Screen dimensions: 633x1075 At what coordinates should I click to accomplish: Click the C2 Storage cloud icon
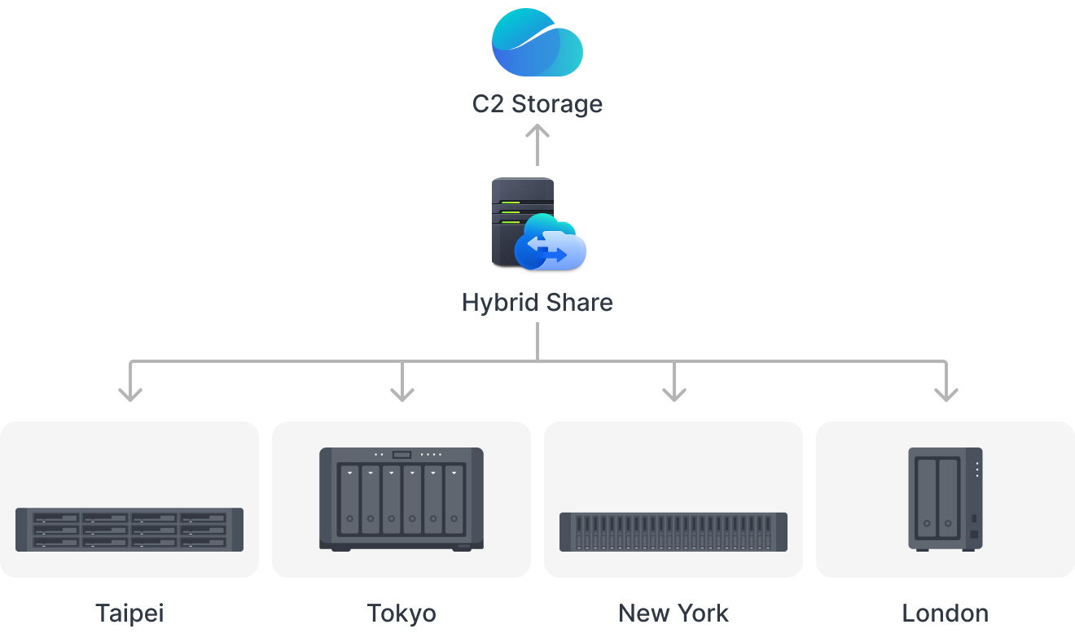(x=537, y=42)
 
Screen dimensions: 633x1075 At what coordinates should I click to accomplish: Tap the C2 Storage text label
(x=537, y=104)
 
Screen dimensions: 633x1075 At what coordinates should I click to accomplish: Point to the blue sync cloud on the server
(x=551, y=243)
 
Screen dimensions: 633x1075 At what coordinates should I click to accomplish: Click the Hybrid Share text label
(x=537, y=303)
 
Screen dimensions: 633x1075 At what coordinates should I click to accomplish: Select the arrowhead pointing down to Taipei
(x=130, y=392)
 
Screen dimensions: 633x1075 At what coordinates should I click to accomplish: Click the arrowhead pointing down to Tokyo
(x=402, y=392)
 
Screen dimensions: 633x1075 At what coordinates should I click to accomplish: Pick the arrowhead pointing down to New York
(x=674, y=392)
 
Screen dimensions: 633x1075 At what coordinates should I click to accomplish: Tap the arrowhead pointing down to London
(x=946, y=392)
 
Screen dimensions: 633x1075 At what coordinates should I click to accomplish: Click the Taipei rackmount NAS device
(x=129, y=529)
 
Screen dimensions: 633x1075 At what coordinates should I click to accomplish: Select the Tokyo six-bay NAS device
(x=401, y=499)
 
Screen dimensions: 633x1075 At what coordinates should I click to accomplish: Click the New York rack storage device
(x=674, y=532)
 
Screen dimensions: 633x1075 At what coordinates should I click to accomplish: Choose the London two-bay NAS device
(x=946, y=499)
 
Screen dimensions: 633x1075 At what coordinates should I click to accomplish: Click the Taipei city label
(x=129, y=613)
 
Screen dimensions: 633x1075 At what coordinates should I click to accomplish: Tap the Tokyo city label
(x=401, y=613)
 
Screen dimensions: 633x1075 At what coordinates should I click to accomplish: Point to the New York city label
(x=674, y=613)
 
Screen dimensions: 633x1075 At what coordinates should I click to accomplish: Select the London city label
(x=946, y=613)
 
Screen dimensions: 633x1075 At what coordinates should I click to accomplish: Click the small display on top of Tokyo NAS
(x=402, y=455)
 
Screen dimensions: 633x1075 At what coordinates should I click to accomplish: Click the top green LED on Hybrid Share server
(x=511, y=203)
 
